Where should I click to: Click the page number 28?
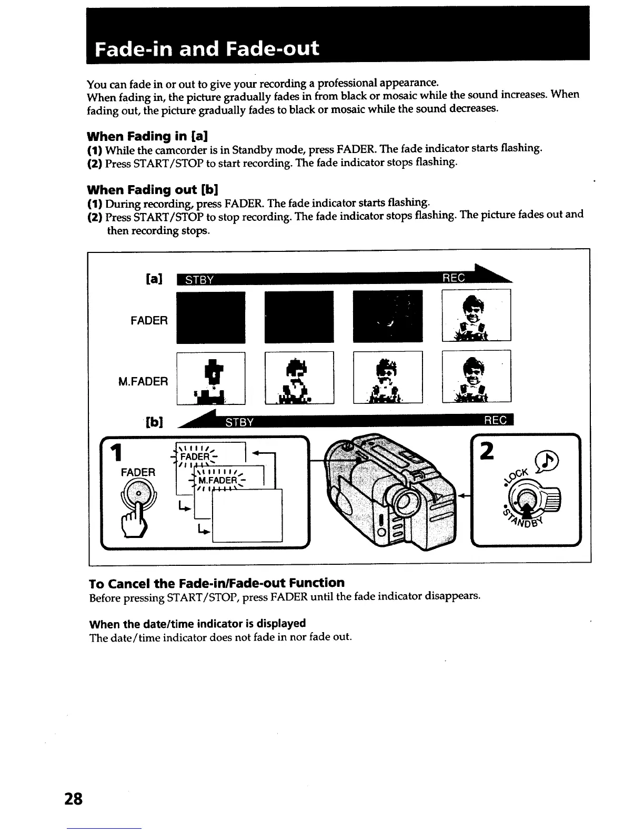[74, 799]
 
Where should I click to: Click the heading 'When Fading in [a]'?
[145, 136]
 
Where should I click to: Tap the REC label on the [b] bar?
[495, 420]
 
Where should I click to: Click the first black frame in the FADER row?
[210, 317]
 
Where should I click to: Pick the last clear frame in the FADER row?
[476, 316]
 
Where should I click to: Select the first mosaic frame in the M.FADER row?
[210, 378]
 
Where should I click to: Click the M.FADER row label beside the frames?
[143, 381]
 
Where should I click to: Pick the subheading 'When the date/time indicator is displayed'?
[197, 623]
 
